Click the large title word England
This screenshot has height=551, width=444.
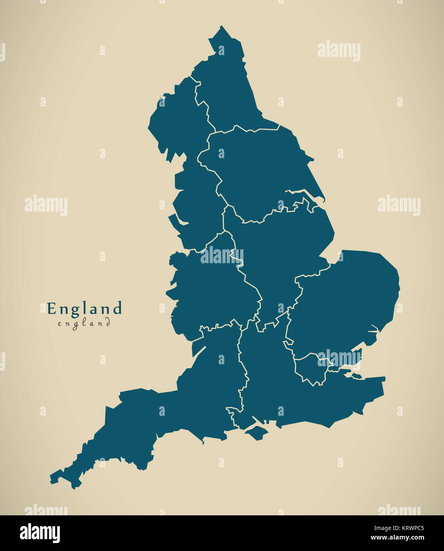tap(84, 308)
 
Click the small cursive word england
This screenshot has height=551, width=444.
tap(84, 323)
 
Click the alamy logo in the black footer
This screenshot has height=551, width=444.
tap(40, 533)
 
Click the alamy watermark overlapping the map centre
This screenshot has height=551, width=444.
tap(222, 256)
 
